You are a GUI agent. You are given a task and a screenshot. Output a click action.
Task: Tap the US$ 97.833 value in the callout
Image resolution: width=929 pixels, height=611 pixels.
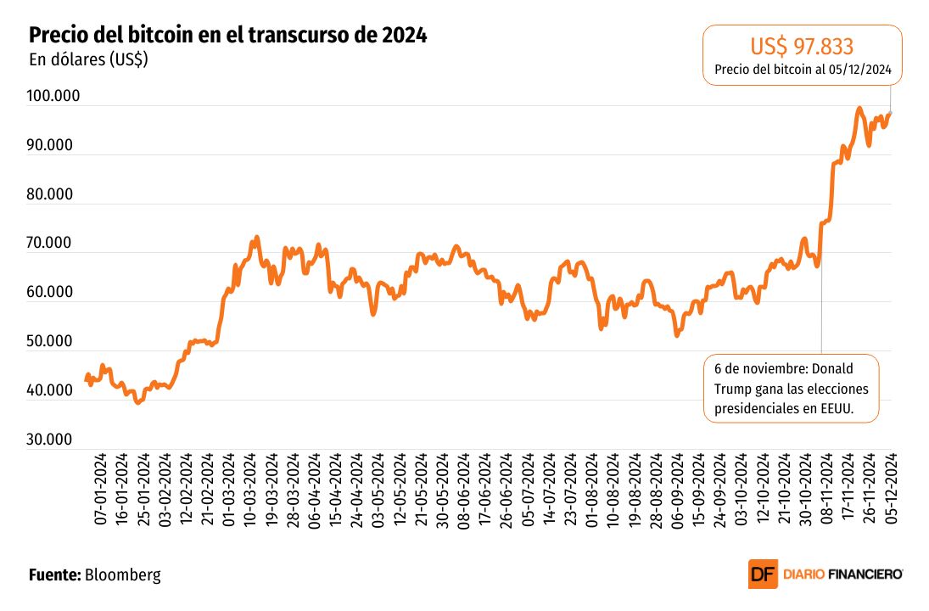802,46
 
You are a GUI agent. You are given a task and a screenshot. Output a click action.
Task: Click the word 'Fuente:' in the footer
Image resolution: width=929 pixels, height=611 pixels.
54,575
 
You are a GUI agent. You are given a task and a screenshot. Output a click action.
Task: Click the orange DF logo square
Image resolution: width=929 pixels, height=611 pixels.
762,575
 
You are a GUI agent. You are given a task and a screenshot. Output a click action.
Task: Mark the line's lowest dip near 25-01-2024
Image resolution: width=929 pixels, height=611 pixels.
137,402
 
